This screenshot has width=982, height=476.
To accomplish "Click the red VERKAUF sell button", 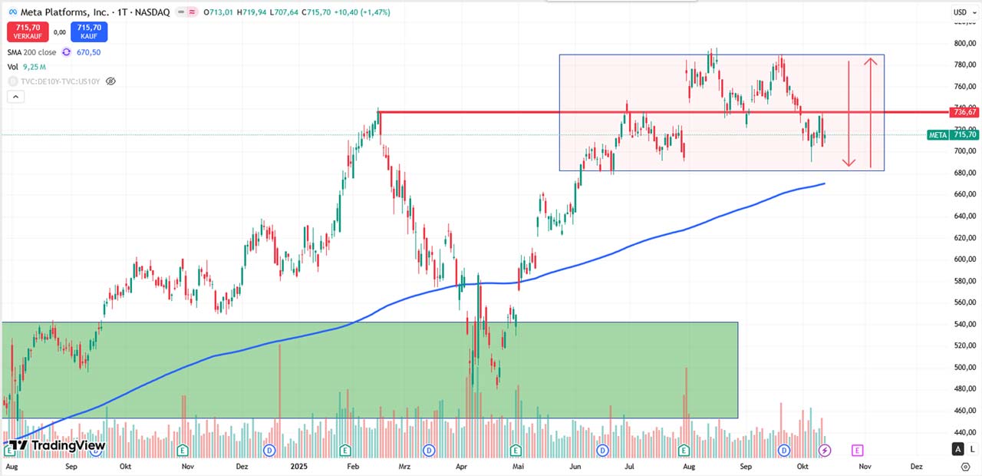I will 28,31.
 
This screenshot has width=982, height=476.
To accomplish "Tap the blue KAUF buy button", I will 89,31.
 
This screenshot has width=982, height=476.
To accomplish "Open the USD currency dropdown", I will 961,12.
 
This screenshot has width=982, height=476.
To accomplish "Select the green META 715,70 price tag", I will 953,134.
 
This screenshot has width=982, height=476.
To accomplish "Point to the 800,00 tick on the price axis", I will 964,43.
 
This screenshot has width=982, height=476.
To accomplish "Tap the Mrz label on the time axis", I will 404,466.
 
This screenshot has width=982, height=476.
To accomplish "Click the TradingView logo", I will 57,445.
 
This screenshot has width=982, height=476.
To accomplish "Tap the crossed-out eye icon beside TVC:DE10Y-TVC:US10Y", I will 110,81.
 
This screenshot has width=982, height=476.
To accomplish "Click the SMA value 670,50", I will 88,52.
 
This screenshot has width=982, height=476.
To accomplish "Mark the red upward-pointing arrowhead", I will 871,61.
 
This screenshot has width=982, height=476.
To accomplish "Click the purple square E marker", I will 858,450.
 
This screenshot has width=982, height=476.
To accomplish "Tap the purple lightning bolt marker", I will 825,450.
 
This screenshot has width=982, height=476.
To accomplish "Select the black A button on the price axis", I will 957,449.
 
